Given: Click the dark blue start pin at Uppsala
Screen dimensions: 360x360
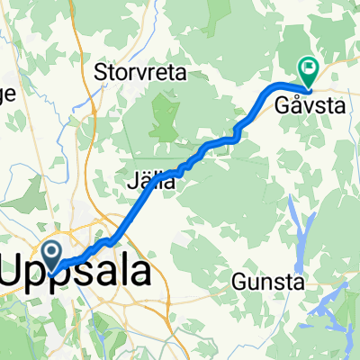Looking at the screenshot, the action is [x=51, y=253].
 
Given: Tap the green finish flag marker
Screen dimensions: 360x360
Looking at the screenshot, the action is [x=309, y=67].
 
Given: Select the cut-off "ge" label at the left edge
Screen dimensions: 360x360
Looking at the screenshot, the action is [x=7, y=94].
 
